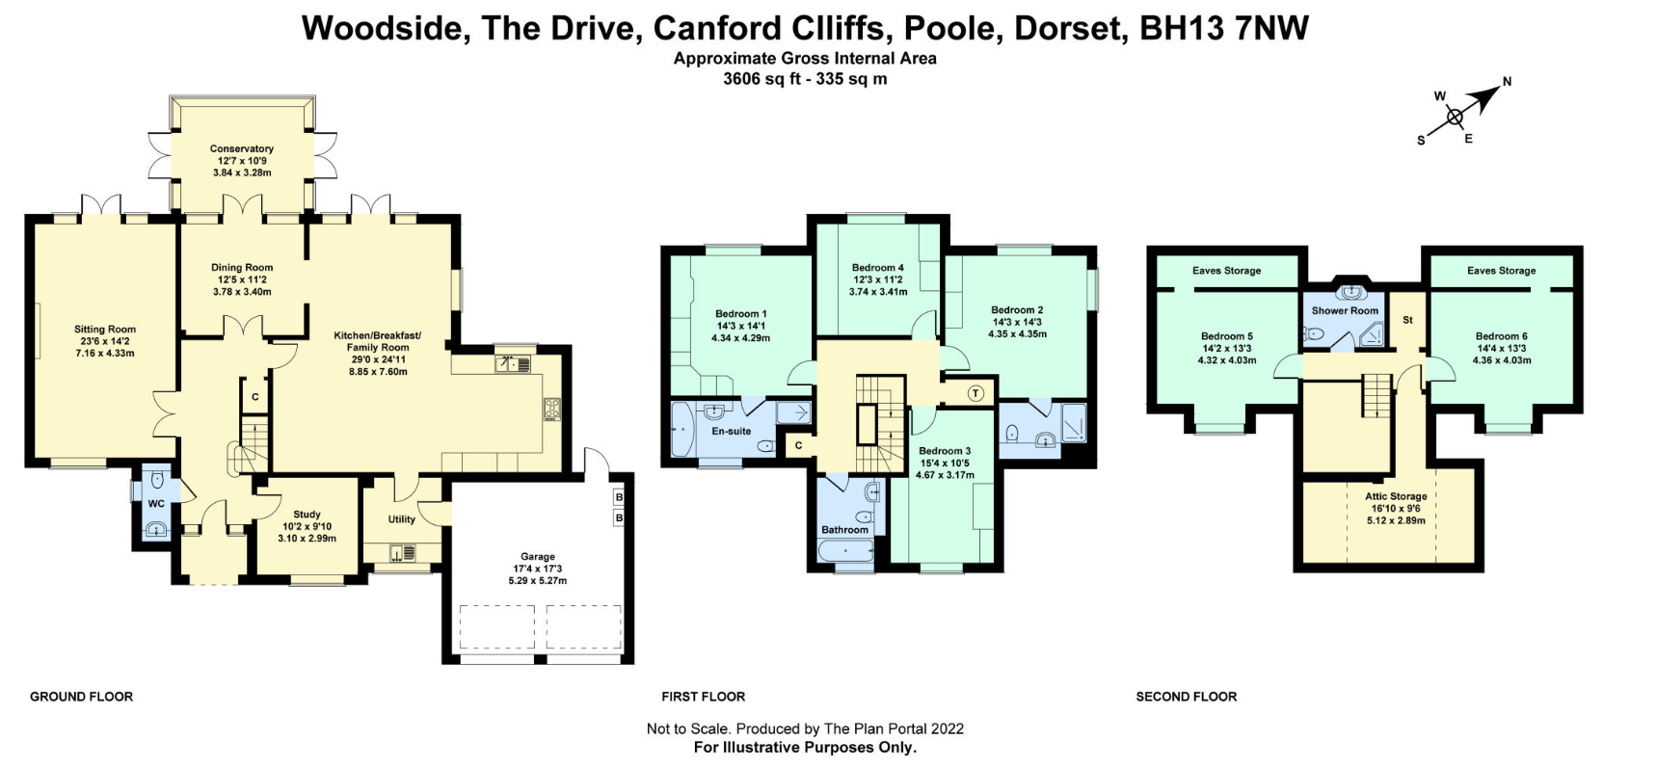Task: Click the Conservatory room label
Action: coord(242,148)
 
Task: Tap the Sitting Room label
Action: coord(105,330)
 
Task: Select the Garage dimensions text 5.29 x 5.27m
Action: coord(537,581)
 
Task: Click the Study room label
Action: coord(307,515)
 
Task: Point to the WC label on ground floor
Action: coord(156,504)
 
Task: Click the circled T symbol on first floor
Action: coord(975,393)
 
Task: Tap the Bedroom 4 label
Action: coord(877,268)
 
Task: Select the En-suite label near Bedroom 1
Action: coord(731,431)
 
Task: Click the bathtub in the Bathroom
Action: coord(845,552)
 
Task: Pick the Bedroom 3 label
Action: coord(944,451)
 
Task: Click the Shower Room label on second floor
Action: coord(1344,310)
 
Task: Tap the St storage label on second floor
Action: coord(1407,320)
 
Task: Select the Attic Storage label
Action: coord(1395,496)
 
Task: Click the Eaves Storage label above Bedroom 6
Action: coord(1501,271)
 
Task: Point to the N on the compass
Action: coord(1507,82)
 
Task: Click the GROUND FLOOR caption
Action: coord(81,696)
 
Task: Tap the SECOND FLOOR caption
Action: coord(1186,696)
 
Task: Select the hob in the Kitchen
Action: coord(552,410)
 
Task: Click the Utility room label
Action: coord(401,519)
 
